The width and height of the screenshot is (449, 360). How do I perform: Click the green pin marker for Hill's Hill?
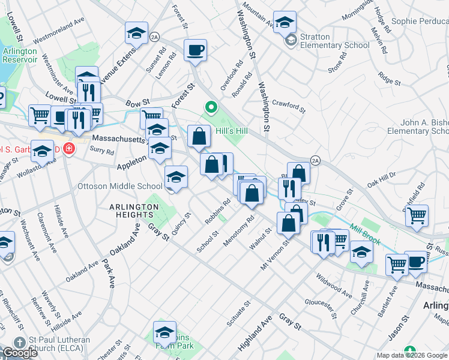(211, 109)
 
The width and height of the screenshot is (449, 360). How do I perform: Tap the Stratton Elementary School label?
(334, 41)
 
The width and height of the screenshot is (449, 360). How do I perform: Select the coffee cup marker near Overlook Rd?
(194, 50)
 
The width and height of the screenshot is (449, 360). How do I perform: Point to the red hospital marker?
(70, 148)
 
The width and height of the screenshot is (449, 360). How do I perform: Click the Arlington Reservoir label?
(20, 56)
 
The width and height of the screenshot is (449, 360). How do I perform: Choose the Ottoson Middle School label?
(120, 186)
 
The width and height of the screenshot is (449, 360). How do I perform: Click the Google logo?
(19, 353)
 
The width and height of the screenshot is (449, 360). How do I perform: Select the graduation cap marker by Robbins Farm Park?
(164, 332)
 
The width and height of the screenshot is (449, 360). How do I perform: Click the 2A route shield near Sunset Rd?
(155, 37)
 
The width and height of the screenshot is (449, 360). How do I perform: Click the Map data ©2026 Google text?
(412, 355)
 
